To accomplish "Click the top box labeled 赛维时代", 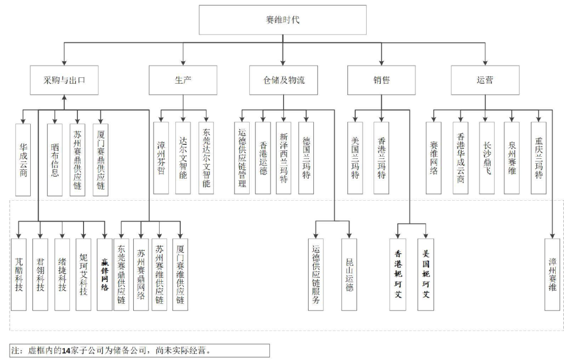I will click(283, 20).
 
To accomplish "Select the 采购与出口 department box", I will click(64, 80).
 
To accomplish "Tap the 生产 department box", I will click(183, 80).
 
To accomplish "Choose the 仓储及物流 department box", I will click(284, 80).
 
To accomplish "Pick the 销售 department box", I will click(382, 80).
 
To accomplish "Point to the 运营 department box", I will click(485, 80).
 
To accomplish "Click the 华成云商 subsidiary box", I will click(23, 159).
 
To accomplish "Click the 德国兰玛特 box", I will click(306, 159).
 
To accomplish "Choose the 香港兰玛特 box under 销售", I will click(382, 159).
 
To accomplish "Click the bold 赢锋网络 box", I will click(104, 274).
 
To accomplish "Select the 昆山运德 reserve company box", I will click(349, 274).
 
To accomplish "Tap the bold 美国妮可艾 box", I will click(426, 274).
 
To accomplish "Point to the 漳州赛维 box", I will click(552, 274).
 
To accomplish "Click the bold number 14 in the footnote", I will click(66, 350).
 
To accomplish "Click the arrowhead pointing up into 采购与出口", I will click(64, 98).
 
